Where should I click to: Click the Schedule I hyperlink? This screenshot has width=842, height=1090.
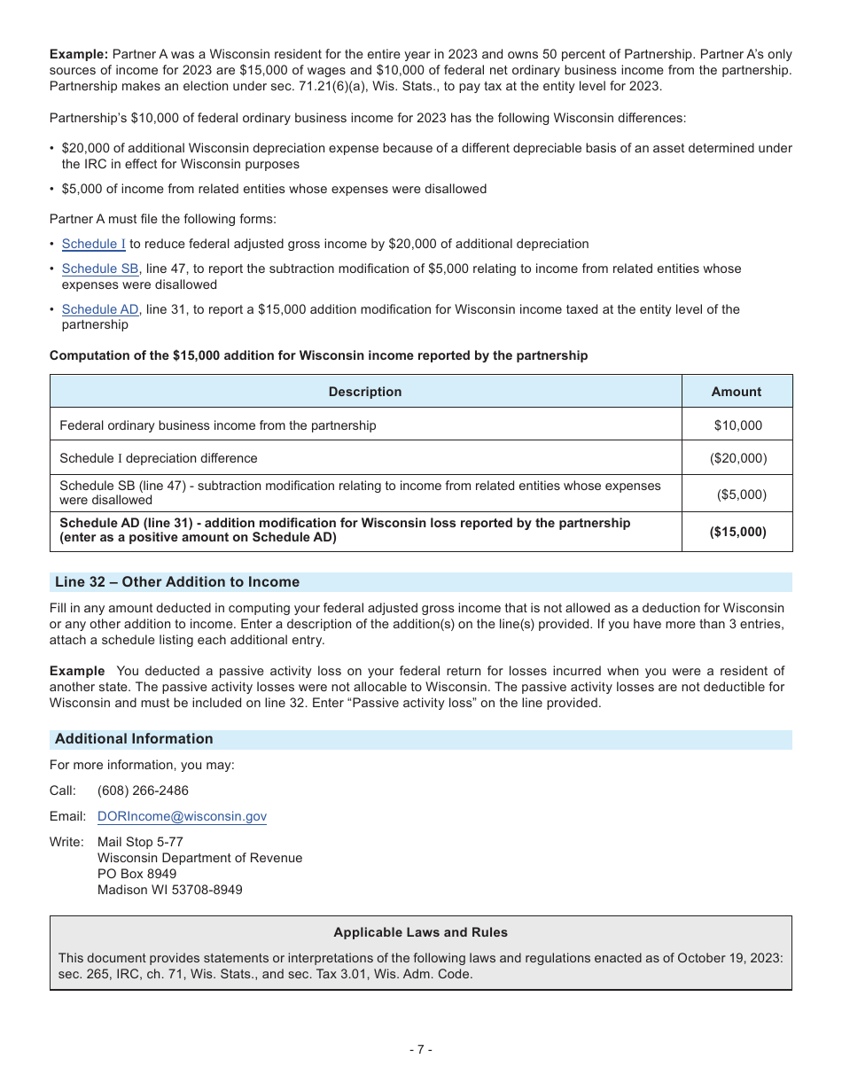point(93,244)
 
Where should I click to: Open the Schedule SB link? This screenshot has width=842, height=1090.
point(100,269)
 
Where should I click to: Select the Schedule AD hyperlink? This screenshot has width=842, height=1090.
point(100,309)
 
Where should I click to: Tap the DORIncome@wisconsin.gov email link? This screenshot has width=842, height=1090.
point(182,816)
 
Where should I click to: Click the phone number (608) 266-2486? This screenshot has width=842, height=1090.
point(143,790)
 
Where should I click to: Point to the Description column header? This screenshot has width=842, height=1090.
point(365,392)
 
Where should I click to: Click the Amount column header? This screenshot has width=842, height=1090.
point(736,392)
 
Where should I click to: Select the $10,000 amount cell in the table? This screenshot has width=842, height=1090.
point(737,425)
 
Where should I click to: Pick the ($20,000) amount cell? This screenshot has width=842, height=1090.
point(737,458)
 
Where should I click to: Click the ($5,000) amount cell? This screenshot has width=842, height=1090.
point(741,494)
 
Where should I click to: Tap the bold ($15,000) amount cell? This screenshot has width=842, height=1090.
point(737,532)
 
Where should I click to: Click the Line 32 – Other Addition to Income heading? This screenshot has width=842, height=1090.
point(177,582)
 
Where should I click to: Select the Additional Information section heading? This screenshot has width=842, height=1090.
point(134,739)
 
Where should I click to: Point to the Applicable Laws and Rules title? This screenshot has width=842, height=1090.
point(420,932)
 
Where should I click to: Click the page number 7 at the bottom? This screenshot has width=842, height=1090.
point(420,1050)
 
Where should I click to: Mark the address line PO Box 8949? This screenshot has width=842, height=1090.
point(136,874)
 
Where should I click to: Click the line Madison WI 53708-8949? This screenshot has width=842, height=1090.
point(169,890)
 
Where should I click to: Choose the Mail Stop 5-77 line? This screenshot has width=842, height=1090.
point(140,842)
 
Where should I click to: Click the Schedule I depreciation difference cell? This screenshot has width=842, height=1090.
point(159,458)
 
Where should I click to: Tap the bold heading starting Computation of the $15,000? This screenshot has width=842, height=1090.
point(318,355)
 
